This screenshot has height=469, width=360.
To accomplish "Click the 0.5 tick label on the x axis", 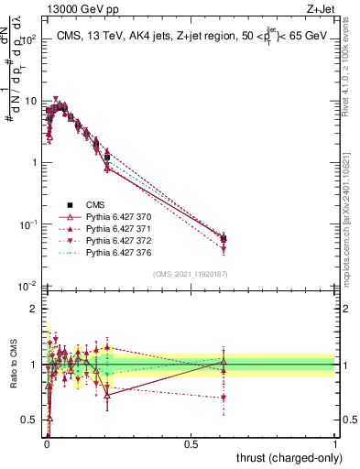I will (191, 442).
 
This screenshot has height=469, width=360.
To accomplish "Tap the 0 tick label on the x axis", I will (46, 442).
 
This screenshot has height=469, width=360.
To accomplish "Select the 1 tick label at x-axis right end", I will (335, 442).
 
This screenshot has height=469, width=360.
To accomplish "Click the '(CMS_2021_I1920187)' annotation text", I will (190, 274).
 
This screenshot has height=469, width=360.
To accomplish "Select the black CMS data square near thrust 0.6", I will (224, 238).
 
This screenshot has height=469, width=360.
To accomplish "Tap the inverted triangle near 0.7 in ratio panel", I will (224, 398).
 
